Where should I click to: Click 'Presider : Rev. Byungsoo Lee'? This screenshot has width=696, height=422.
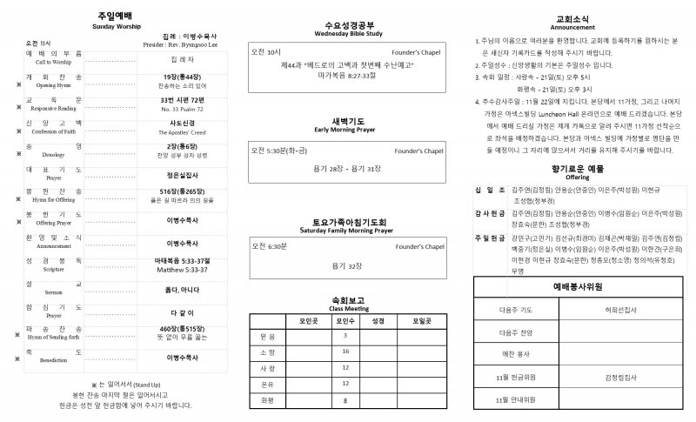pos(180,43)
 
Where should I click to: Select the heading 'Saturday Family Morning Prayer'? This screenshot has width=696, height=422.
pos(345,230)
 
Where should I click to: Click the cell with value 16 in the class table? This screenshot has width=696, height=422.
pos(345,351)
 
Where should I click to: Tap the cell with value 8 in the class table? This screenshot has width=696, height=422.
pos(345,400)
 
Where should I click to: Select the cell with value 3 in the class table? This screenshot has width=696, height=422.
pos(345,335)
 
